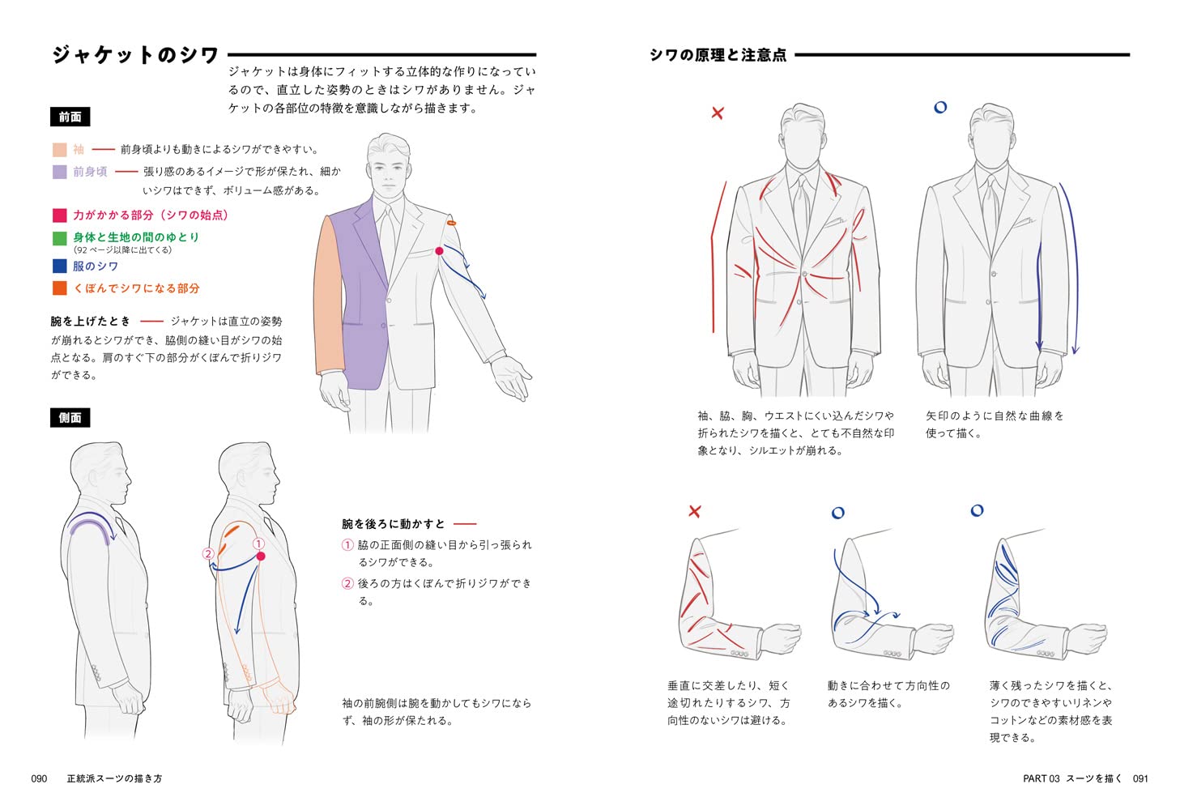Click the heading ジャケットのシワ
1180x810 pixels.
pyautogui.click(x=135, y=55)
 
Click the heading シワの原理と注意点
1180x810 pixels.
pyautogui.click(x=718, y=55)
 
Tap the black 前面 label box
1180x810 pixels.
pyautogui.click(x=70, y=117)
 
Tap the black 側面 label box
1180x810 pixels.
pyautogui.click(x=70, y=418)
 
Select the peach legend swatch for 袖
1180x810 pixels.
pyautogui.click(x=59, y=150)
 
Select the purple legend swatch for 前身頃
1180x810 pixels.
pyautogui.click(x=59, y=172)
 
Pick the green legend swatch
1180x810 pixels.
pyautogui.click(x=59, y=238)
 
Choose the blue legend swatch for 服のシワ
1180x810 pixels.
pyautogui.click(x=59, y=266)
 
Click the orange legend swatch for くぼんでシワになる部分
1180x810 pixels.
pyautogui.click(x=59, y=288)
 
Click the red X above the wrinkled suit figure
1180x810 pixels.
pyautogui.click(x=718, y=113)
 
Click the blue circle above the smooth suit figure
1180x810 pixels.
pyautogui.click(x=940, y=107)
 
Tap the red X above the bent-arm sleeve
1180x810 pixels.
pyautogui.click(x=694, y=511)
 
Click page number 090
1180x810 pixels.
pyautogui.click(x=39, y=778)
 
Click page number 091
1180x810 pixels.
pyautogui.click(x=1140, y=778)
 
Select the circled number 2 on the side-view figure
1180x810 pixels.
pyautogui.click(x=208, y=554)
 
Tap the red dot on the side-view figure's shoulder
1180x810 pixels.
pyautogui.click(x=261, y=556)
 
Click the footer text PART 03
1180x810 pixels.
pyautogui.click(x=1041, y=778)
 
